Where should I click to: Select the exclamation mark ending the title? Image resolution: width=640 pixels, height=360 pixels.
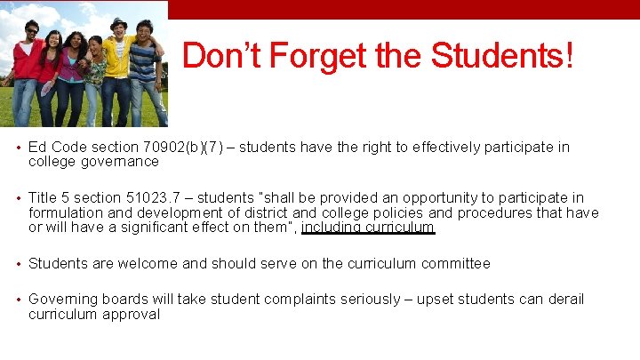coord(568,57)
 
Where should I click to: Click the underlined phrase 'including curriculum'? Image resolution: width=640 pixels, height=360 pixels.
coord(368,228)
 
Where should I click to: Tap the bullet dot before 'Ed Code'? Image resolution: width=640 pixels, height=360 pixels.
coord(19,148)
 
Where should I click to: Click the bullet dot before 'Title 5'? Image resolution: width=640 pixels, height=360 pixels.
coord(19,198)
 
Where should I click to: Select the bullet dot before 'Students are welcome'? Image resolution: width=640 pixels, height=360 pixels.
coord(19,264)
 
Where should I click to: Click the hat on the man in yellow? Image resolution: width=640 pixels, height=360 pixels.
coord(118,22)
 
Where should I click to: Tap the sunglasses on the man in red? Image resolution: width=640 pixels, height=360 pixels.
coord(33,31)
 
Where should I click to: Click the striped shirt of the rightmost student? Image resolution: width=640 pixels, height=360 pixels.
coord(143,62)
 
